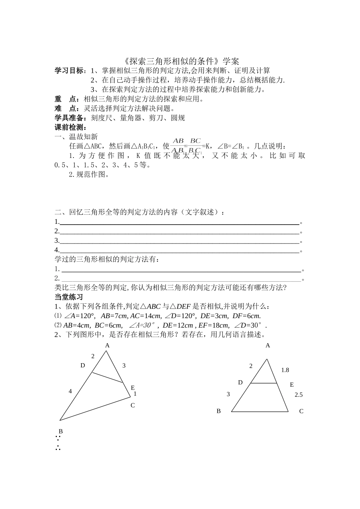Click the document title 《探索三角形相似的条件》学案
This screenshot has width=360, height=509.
coord(182,61)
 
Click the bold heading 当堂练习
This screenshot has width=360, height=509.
coord(69,297)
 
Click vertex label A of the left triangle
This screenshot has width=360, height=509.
coord(107,345)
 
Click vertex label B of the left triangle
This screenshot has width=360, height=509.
coord(61,431)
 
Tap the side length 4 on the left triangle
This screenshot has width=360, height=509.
coord(70,391)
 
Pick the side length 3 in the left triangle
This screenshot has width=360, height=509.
coord(124,365)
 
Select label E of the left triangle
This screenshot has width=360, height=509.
coord(133,387)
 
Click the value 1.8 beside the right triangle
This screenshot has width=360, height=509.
coord(285,370)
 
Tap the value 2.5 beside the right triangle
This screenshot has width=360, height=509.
coord(299,395)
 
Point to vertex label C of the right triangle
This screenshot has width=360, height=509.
coord(301,411)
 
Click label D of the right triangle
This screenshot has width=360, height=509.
coord(240,383)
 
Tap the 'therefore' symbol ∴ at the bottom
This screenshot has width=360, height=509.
coord(58,448)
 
